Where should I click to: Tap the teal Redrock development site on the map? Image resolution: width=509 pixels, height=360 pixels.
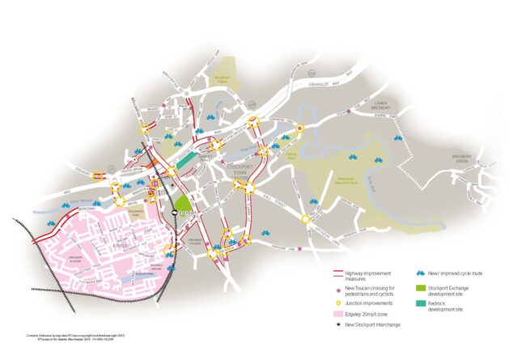tap(185, 161)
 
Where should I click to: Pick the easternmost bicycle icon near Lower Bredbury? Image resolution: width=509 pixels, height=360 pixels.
tap(397, 138)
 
